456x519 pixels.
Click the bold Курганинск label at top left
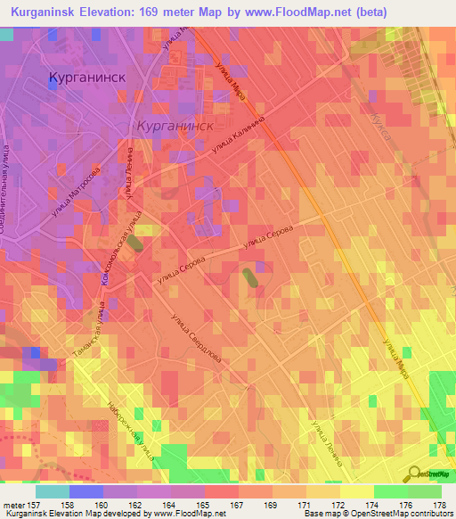(87, 77)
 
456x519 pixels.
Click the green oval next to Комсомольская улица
(134, 243)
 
